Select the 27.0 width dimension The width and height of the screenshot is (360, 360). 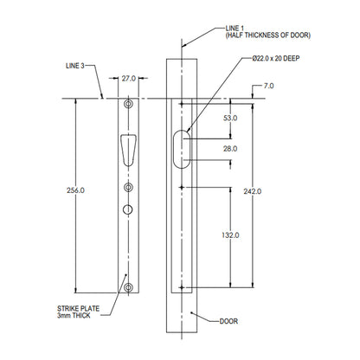(128, 78)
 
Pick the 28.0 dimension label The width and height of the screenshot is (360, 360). (230, 149)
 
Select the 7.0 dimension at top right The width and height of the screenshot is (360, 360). (270, 87)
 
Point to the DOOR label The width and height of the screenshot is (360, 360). (228, 322)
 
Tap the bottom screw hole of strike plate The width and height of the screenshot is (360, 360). (129, 287)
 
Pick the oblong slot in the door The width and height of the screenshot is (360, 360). (182, 148)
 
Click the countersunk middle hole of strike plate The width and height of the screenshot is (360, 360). (129, 188)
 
